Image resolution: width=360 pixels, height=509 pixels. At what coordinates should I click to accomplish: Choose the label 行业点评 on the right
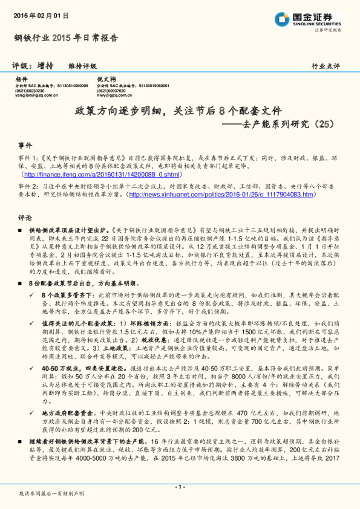tap(326, 66)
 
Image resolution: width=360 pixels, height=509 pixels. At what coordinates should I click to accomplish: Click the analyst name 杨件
tap(22, 80)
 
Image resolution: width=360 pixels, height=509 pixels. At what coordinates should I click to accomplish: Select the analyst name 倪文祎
tap(106, 80)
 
